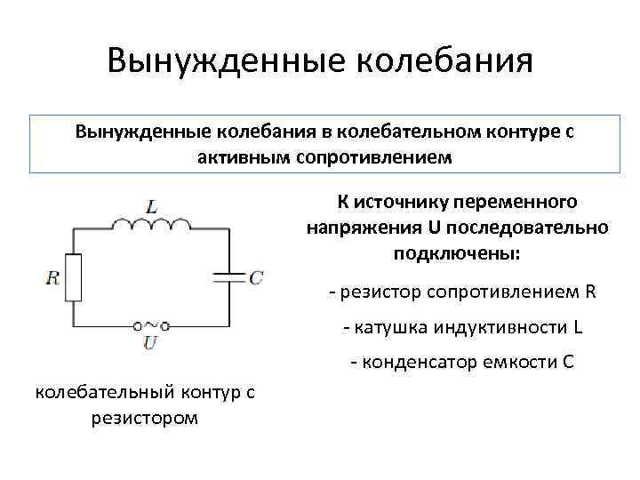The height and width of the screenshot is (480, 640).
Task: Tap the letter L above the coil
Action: click(x=153, y=206)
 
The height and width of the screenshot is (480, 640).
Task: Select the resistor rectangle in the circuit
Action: click(x=75, y=277)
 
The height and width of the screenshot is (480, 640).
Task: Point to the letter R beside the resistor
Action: click(x=53, y=277)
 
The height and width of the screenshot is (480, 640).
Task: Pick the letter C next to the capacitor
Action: click(x=255, y=277)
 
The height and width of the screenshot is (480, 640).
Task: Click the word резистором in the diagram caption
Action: click(x=145, y=417)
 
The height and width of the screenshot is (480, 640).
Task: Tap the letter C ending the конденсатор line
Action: click(x=568, y=363)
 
